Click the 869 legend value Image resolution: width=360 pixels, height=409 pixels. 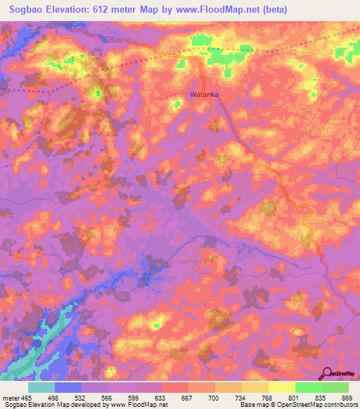[347, 398]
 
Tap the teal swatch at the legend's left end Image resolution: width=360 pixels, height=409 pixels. [41, 387]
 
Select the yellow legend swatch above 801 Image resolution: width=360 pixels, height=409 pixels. [282, 387]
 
